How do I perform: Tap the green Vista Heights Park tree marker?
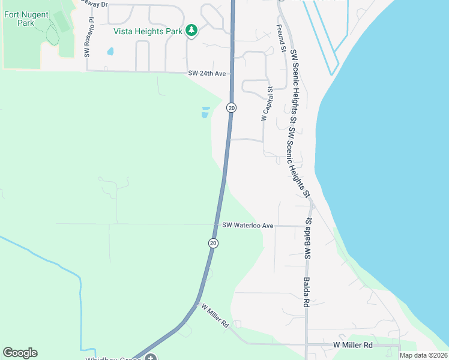(191, 30)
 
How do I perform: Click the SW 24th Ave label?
(206, 73)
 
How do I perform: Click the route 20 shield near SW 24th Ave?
(232, 107)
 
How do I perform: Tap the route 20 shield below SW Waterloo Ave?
(213, 243)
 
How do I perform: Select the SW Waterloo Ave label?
(247, 226)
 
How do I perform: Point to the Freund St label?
(280, 39)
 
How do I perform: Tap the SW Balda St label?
(310, 239)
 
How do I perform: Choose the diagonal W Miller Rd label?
(216, 316)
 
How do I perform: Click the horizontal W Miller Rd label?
(353, 345)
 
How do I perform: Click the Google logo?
(20, 353)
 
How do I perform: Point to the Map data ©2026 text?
(423, 355)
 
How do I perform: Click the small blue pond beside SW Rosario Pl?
(110, 52)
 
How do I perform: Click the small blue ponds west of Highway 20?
(206, 112)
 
